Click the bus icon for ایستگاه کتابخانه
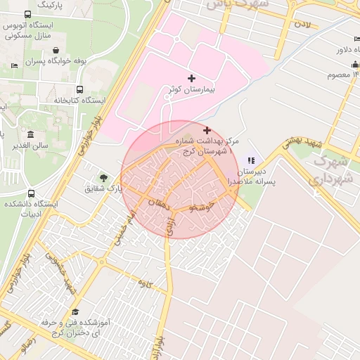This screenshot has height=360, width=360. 79,90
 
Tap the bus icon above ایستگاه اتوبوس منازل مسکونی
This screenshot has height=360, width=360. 27,15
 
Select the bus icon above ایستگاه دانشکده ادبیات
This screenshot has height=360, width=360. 30,193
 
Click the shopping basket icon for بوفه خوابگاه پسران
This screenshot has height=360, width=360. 56,50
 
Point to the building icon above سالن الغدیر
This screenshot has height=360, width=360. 30,134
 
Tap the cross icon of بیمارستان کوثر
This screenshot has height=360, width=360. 191,78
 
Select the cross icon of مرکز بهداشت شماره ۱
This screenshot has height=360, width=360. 207,131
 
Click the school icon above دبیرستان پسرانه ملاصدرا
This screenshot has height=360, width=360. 251,161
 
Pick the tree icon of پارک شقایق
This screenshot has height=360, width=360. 103,178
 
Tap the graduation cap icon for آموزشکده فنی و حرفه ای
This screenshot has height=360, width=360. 75,312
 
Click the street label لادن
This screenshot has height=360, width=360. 302,25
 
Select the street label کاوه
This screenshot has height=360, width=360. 146,283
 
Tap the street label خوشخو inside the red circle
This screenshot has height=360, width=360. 202,209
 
